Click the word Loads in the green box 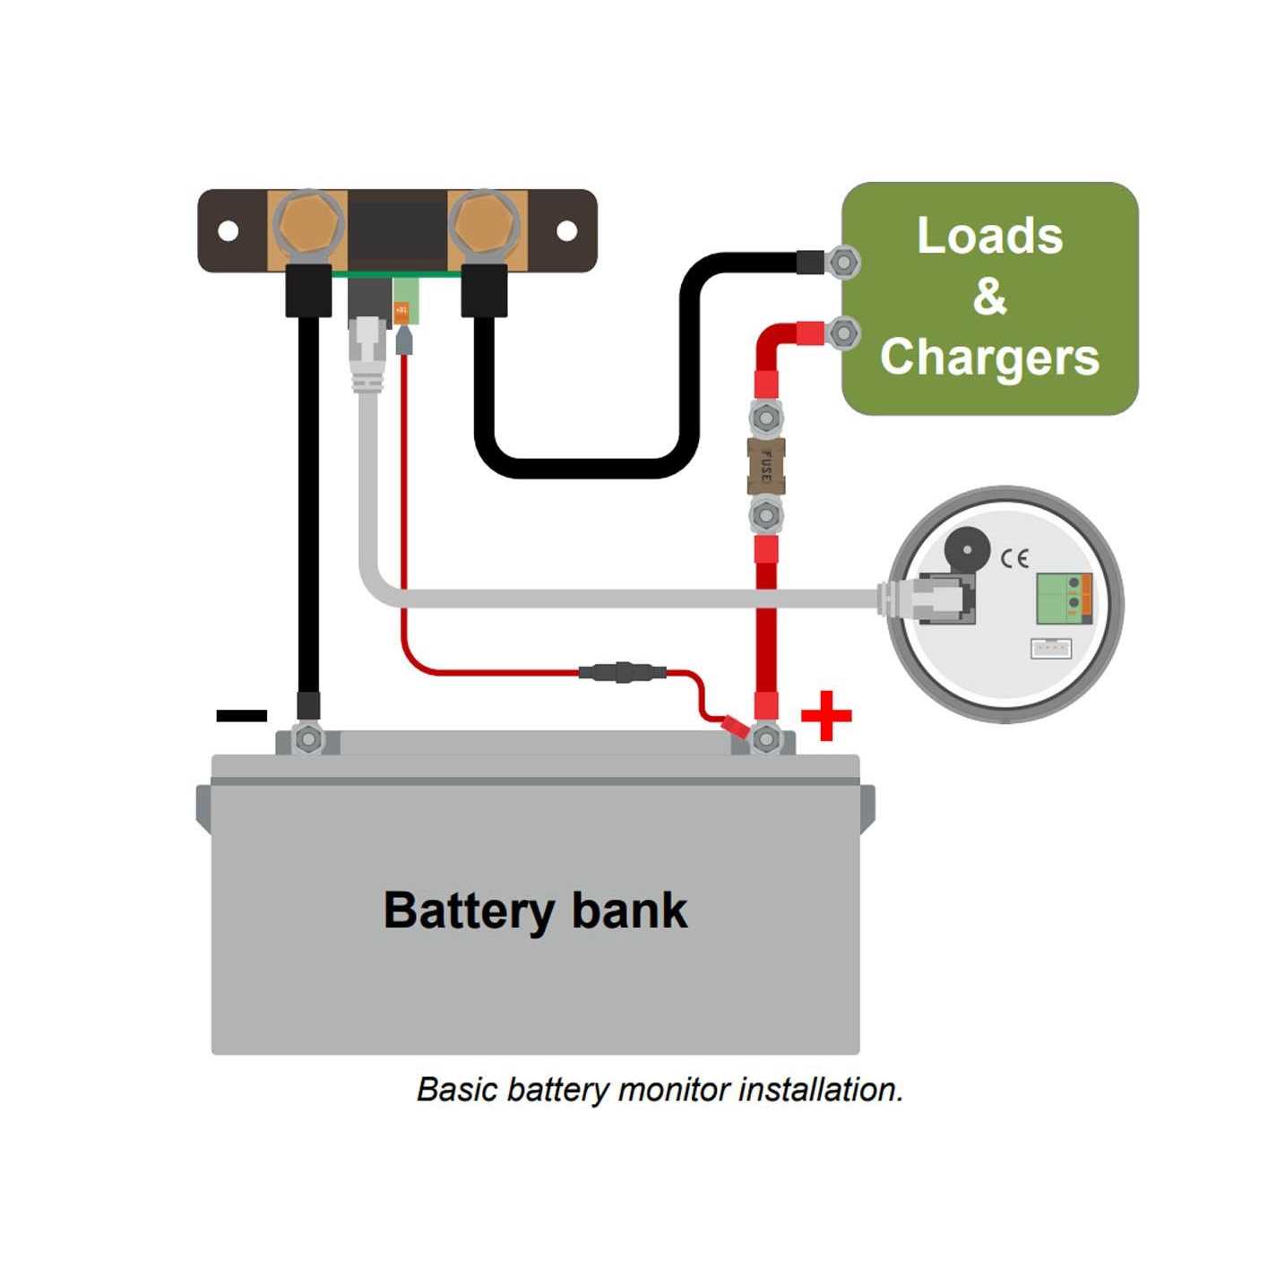click(989, 236)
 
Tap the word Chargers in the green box click(989, 357)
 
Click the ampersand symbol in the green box click(989, 296)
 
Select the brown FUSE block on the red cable click(765, 466)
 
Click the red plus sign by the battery click(825, 716)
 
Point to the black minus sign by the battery click(242, 715)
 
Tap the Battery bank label click(535, 910)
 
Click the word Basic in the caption click(457, 1090)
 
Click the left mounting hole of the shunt click(229, 231)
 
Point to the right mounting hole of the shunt click(566, 231)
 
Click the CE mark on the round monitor click(1014, 558)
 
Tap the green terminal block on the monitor click(1064, 599)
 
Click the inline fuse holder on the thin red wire click(622, 671)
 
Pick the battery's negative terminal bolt click(308, 739)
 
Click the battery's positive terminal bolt click(766, 739)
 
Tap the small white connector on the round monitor click(1050, 647)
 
